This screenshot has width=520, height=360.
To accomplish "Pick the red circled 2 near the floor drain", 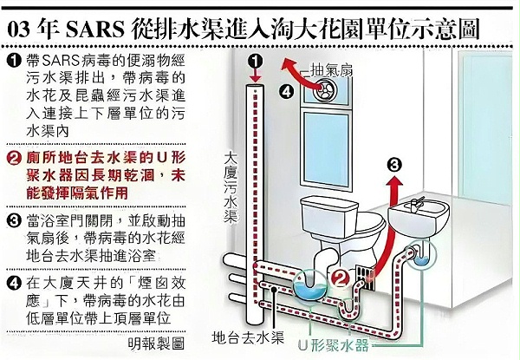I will [340, 278].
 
